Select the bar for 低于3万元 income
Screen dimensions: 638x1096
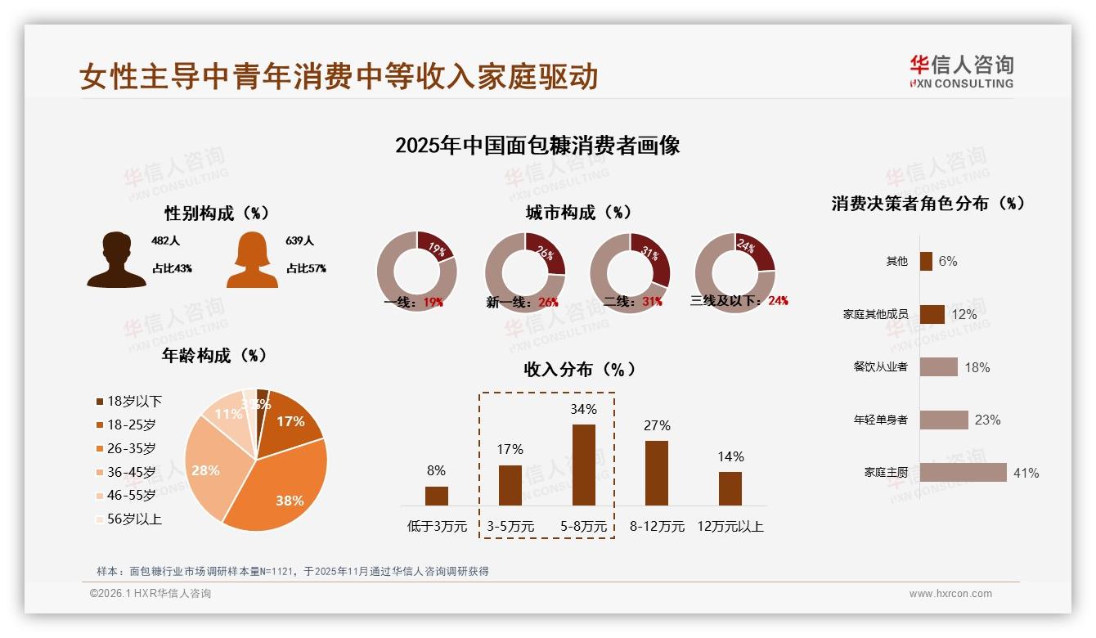click(437, 496)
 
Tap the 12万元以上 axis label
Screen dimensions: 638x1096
click(730, 527)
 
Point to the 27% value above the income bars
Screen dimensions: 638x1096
click(657, 425)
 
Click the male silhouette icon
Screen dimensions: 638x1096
click(116, 260)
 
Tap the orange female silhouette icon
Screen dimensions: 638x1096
click(252, 260)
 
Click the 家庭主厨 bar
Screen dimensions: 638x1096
click(963, 473)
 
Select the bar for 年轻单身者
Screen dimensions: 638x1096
click(944, 420)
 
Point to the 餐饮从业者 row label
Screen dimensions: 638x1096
click(880, 367)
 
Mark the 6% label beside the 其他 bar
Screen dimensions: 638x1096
click(948, 261)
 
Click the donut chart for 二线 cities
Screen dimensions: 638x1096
click(630, 272)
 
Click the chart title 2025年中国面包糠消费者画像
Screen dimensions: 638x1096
click(537, 146)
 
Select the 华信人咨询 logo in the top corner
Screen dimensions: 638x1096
click(961, 71)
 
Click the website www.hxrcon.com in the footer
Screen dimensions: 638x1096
click(950, 594)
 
